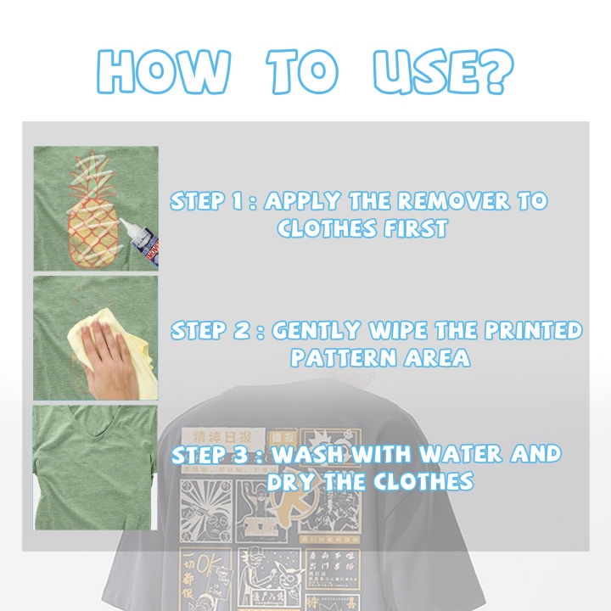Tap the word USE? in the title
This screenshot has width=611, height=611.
point(441,72)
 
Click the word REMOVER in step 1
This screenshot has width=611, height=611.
point(446,201)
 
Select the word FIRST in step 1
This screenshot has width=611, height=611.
point(410,228)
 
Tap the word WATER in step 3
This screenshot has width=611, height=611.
point(464,454)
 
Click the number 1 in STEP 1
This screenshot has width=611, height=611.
point(243,201)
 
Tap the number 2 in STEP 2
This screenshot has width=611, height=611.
point(244,330)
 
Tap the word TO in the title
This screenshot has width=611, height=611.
point(301,72)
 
